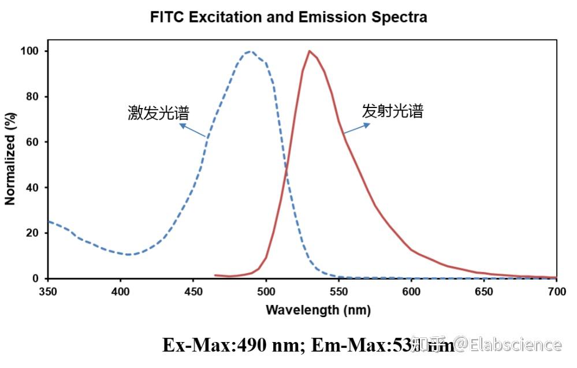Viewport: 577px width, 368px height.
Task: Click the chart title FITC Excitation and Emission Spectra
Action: click(288, 17)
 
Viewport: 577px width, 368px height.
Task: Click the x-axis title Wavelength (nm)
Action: click(318, 310)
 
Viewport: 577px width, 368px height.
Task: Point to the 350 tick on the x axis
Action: click(48, 291)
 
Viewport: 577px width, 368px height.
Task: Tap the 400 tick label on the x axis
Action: click(120, 291)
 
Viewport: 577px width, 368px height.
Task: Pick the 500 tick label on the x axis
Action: click(266, 291)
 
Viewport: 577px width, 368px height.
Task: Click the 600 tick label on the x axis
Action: click(411, 291)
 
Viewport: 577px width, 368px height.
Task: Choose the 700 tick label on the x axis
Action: click(556, 291)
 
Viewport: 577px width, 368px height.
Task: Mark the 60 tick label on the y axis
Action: click(33, 142)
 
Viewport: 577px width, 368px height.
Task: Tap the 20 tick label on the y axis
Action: click(33, 233)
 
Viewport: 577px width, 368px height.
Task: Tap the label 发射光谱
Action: click(393, 111)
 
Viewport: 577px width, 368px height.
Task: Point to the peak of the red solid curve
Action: click(310, 51)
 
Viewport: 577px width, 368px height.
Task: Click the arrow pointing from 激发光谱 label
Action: click(193, 131)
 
